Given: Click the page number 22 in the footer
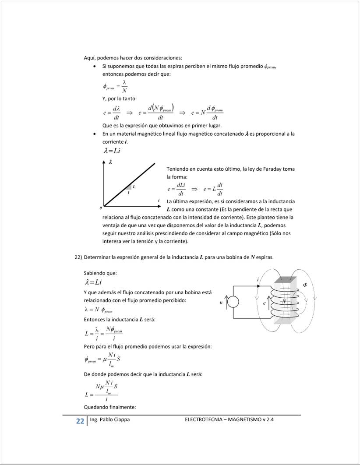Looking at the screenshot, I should (80, 421).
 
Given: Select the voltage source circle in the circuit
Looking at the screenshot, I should (233, 302).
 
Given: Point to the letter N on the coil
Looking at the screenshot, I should (283, 302).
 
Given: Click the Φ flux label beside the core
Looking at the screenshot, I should (305, 285).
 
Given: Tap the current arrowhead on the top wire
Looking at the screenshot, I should (261, 286).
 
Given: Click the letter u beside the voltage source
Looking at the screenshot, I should (221, 302).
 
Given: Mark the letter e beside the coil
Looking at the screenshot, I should (265, 303).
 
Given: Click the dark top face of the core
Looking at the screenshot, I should (285, 280).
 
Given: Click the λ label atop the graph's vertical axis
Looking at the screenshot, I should (110, 162).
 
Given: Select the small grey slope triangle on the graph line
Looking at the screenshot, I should (130, 187).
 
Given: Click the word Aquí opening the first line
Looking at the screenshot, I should (89, 58).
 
